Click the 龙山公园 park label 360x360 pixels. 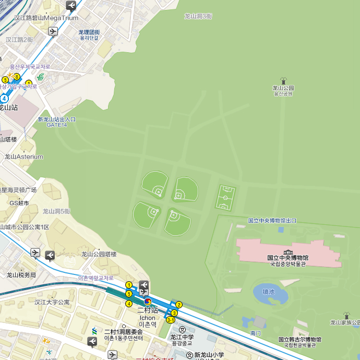tap(283, 88)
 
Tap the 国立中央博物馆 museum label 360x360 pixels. tap(287, 258)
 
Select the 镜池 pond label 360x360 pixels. tap(269, 292)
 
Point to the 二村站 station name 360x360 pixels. tap(147, 310)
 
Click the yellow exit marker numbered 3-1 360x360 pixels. tap(170, 320)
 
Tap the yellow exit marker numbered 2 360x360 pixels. tap(179, 305)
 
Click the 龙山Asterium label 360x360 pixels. tap(23, 157)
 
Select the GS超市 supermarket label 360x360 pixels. tap(19, 203)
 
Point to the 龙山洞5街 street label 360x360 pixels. tap(56, 211)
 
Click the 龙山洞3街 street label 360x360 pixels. tap(198, 16)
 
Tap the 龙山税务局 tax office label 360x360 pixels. tap(21, 275)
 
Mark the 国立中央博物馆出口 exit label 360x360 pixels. tap(272, 221)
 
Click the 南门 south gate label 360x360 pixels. tap(256, 332)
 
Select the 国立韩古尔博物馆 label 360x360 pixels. tap(299, 340)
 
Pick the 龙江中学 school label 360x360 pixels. tap(182, 337)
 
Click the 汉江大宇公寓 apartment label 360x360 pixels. tap(52, 302)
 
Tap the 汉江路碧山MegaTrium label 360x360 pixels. tap(46, 18)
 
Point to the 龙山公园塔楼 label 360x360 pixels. tap(99, 254)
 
